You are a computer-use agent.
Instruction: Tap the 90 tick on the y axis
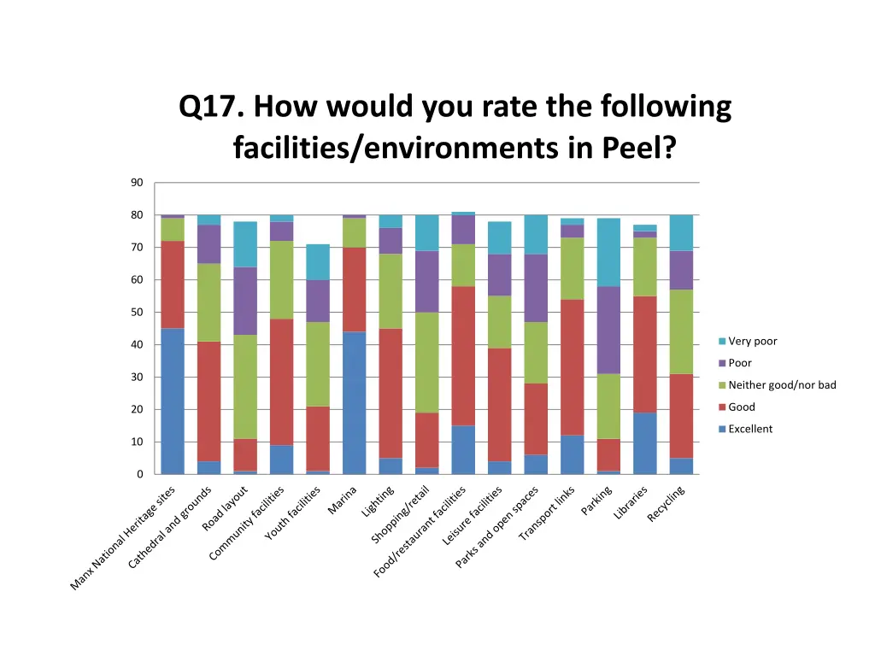pyautogui.click(x=137, y=183)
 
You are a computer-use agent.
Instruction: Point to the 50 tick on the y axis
pyautogui.click(x=137, y=313)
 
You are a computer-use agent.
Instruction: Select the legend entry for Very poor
pyautogui.click(x=752, y=342)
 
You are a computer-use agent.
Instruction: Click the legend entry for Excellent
pyautogui.click(x=749, y=429)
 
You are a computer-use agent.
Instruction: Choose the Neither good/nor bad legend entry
pyautogui.click(x=781, y=385)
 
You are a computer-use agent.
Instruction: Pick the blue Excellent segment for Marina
pyautogui.click(x=354, y=402)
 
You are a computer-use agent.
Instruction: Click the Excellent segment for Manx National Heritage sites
pyautogui.click(x=173, y=401)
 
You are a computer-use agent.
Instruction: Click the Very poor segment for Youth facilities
pyautogui.click(x=318, y=262)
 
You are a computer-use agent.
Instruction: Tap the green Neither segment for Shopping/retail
pyautogui.click(x=426, y=362)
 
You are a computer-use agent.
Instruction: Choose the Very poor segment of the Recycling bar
pyautogui.click(x=681, y=232)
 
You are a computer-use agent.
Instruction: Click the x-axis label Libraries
pyautogui.click(x=631, y=503)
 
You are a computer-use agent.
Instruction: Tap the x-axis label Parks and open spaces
pyautogui.click(x=496, y=527)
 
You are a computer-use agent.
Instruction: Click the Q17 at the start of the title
pyautogui.click(x=211, y=108)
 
